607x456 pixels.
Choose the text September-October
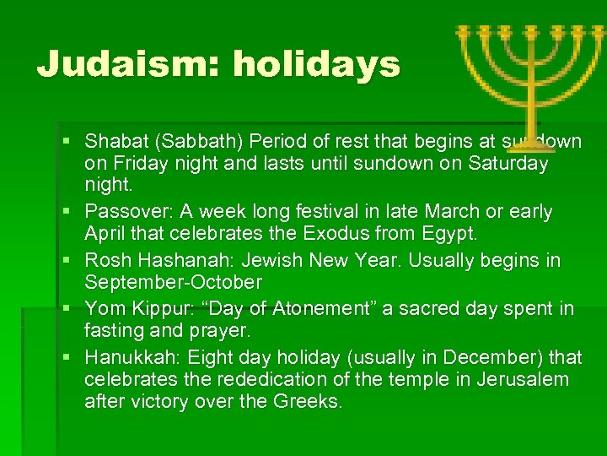[x=173, y=282]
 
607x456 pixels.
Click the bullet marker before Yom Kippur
[x=67, y=308]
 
